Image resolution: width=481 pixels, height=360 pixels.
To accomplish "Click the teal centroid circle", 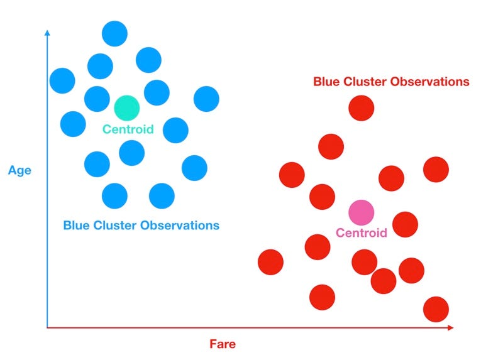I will (126, 108).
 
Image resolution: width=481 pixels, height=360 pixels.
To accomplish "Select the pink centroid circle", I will (361, 212).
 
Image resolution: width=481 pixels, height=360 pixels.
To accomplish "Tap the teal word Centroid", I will (128, 129).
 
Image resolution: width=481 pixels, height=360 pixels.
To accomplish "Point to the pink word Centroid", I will (361, 233).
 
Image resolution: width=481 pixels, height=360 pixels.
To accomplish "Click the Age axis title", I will (19, 170).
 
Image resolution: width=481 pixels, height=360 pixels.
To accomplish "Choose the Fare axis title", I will (223, 344).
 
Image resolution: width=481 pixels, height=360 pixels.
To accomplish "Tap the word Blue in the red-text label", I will (327, 82).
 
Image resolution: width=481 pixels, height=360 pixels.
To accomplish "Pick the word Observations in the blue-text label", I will (185, 225).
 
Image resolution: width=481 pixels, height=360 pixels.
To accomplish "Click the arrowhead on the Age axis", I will (47, 33).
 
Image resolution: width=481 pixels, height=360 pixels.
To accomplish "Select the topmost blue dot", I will (114, 33).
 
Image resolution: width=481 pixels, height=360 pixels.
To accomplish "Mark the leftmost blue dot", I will (62, 80).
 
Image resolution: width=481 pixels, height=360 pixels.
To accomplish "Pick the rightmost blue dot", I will (206, 99).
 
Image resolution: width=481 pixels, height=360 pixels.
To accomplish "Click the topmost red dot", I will (362, 108).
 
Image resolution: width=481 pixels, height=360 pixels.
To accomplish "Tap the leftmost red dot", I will (271, 261).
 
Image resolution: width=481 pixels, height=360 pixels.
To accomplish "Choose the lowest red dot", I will (436, 309).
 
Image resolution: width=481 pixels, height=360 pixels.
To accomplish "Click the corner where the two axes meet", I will (47, 328).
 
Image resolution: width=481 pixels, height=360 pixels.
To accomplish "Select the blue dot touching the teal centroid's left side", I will (97, 99).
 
